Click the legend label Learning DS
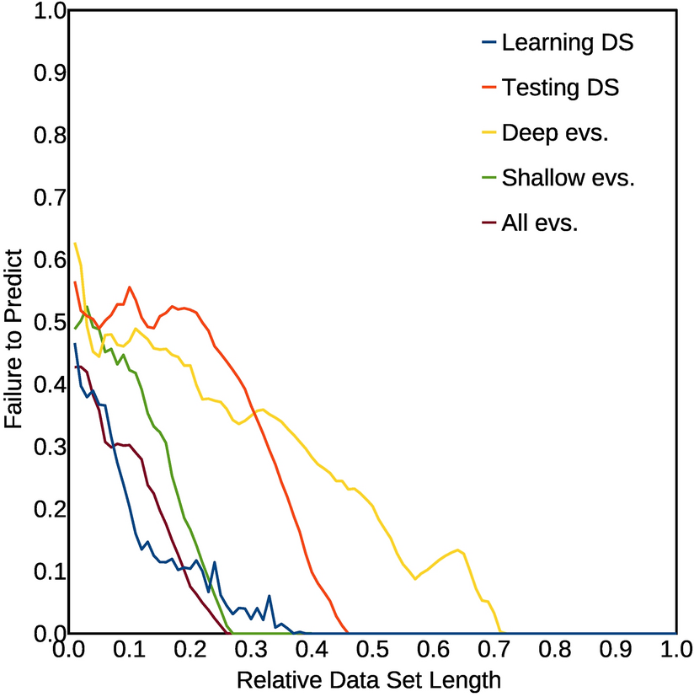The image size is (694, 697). coord(567,42)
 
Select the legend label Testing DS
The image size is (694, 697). coord(560,87)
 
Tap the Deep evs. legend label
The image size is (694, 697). coord(554,132)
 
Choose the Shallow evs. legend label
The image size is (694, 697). coord(568,178)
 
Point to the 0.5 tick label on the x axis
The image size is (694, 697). coord(371,651)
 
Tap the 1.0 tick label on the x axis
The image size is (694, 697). coord(675,651)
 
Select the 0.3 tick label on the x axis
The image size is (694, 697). coord(248,651)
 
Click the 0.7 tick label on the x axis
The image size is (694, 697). coord(493,651)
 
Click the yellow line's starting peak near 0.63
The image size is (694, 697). coord(75,244)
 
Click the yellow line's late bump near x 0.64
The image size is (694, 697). coord(457,550)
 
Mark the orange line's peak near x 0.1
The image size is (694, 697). coord(130,287)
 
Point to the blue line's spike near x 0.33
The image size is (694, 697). coord(270,596)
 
